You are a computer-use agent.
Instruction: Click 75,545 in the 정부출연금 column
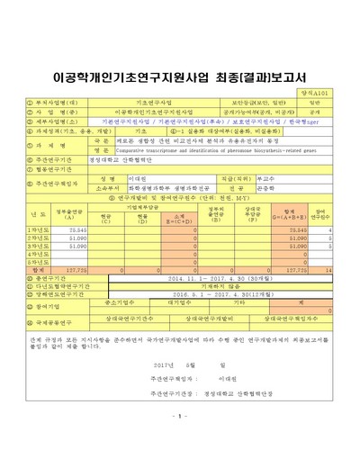coord(77,229)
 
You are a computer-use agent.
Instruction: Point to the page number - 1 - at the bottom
coord(179,416)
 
